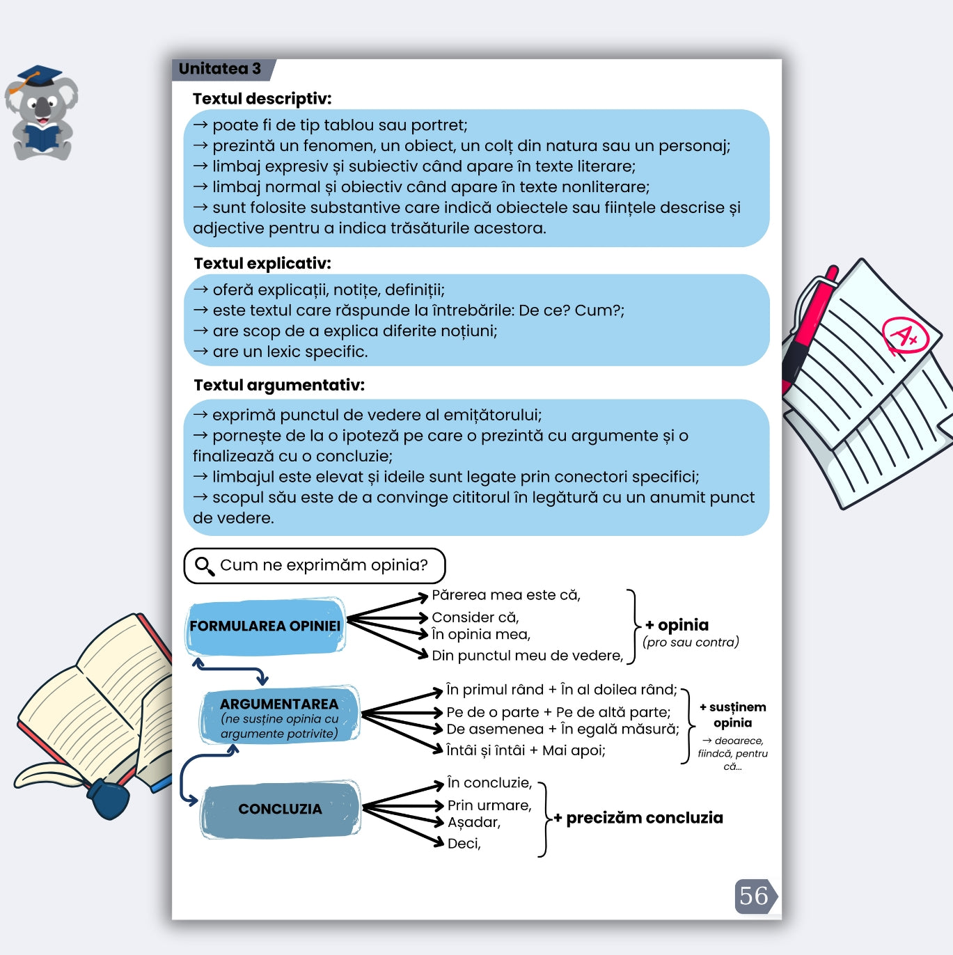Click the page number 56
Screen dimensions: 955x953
pyautogui.click(x=754, y=896)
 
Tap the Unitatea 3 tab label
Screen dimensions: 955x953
pyautogui.click(x=220, y=69)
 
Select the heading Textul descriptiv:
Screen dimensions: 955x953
pyautogui.click(x=262, y=99)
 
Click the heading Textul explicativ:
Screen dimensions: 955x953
pyautogui.click(x=262, y=263)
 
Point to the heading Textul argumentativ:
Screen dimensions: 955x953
pyautogui.click(x=279, y=385)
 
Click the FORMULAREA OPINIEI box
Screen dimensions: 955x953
pyautogui.click(x=265, y=626)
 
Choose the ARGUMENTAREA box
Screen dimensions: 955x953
pyautogui.click(x=279, y=716)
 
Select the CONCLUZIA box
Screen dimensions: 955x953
pyautogui.click(x=280, y=809)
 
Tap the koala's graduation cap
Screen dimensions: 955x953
pyautogui.click(x=39, y=76)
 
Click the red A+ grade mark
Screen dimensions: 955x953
pyautogui.click(x=904, y=336)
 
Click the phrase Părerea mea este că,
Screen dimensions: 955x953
pyautogui.click(x=506, y=595)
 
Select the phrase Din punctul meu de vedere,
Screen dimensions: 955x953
pyautogui.click(x=527, y=655)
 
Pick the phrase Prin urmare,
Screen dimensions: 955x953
pyautogui.click(x=489, y=805)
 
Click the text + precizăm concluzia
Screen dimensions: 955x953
pyautogui.click(x=638, y=818)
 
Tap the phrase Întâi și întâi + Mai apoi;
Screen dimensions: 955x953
pyautogui.click(x=526, y=750)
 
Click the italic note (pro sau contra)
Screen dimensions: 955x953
pyautogui.click(x=691, y=642)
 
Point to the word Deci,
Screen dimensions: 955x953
pyautogui.click(x=464, y=844)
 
